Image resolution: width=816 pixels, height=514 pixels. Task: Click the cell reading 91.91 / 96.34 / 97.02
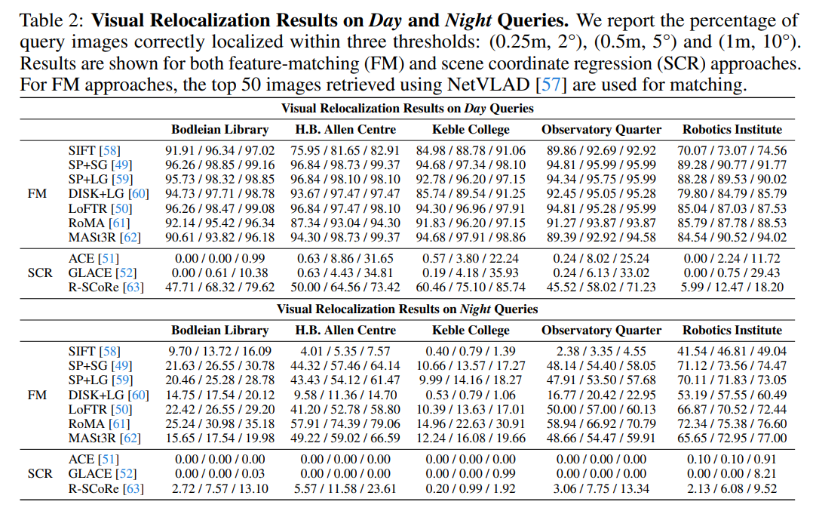(x=219, y=151)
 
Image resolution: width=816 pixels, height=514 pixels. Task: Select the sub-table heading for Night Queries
(x=407, y=309)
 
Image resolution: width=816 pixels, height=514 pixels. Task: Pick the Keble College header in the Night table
(x=471, y=330)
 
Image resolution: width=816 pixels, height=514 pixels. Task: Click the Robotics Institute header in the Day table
(x=732, y=129)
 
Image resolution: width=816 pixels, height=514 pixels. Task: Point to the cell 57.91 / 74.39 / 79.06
(x=345, y=423)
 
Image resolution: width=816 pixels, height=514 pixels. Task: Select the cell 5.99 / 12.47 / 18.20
(x=732, y=287)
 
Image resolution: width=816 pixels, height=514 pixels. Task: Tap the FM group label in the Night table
(x=37, y=395)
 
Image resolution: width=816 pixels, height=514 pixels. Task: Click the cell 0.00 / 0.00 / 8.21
(x=732, y=473)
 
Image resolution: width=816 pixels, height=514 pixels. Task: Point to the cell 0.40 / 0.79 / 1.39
(x=471, y=352)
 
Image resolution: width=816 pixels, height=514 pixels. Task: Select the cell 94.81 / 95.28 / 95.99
(x=601, y=208)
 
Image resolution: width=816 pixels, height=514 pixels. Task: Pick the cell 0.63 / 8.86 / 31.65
(x=345, y=258)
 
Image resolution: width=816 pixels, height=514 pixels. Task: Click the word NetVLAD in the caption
(x=493, y=84)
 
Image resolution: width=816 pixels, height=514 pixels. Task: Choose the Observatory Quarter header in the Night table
(x=601, y=330)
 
